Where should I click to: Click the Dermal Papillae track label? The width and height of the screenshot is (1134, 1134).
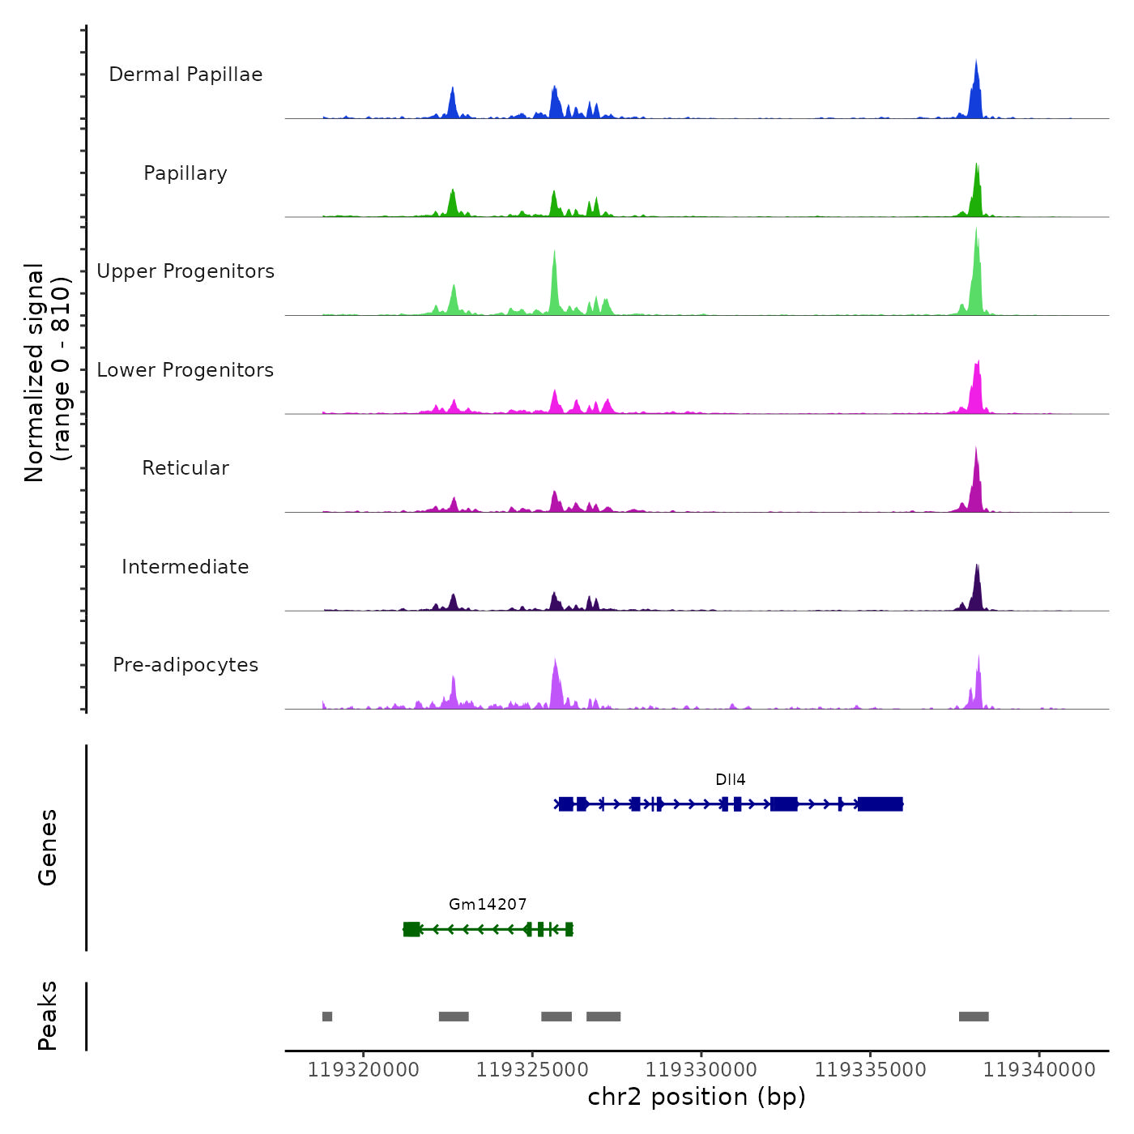tap(185, 75)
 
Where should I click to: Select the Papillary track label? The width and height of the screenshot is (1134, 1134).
tap(185, 173)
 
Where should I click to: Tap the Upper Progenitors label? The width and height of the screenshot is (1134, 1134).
tap(185, 271)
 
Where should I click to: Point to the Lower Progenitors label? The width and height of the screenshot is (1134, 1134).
tap(185, 370)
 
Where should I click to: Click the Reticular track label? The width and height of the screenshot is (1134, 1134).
tap(185, 468)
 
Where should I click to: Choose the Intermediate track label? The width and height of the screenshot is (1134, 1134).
tap(185, 567)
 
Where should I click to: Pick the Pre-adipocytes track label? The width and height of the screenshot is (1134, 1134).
tap(185, 665)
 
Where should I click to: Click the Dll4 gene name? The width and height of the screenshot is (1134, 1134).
tap(730, 780)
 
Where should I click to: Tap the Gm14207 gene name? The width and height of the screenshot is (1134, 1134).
tap(488, 905)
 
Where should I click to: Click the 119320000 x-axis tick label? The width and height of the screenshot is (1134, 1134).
tap(364, 1070)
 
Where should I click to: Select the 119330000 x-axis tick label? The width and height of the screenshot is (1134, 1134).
tap(701, 1070)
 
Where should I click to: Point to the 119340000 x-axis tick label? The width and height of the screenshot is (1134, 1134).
tap(1039, 1070)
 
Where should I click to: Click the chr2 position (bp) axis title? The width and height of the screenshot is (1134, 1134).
tap(697, 1098)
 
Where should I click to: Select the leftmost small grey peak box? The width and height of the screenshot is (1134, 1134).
tap(327, 1017)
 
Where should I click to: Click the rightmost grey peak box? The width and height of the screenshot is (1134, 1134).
tap(974, 1017)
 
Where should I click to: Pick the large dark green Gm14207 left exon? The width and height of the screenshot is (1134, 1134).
tap(411, 929)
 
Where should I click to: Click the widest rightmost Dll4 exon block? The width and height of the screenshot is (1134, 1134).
tap(880, 804)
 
